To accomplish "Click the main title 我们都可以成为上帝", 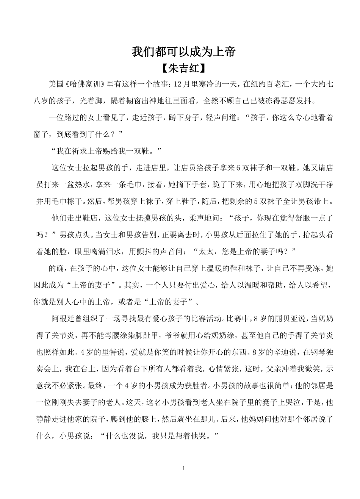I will (x=184, y=52).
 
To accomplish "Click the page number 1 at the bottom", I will (x=184, y=469).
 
